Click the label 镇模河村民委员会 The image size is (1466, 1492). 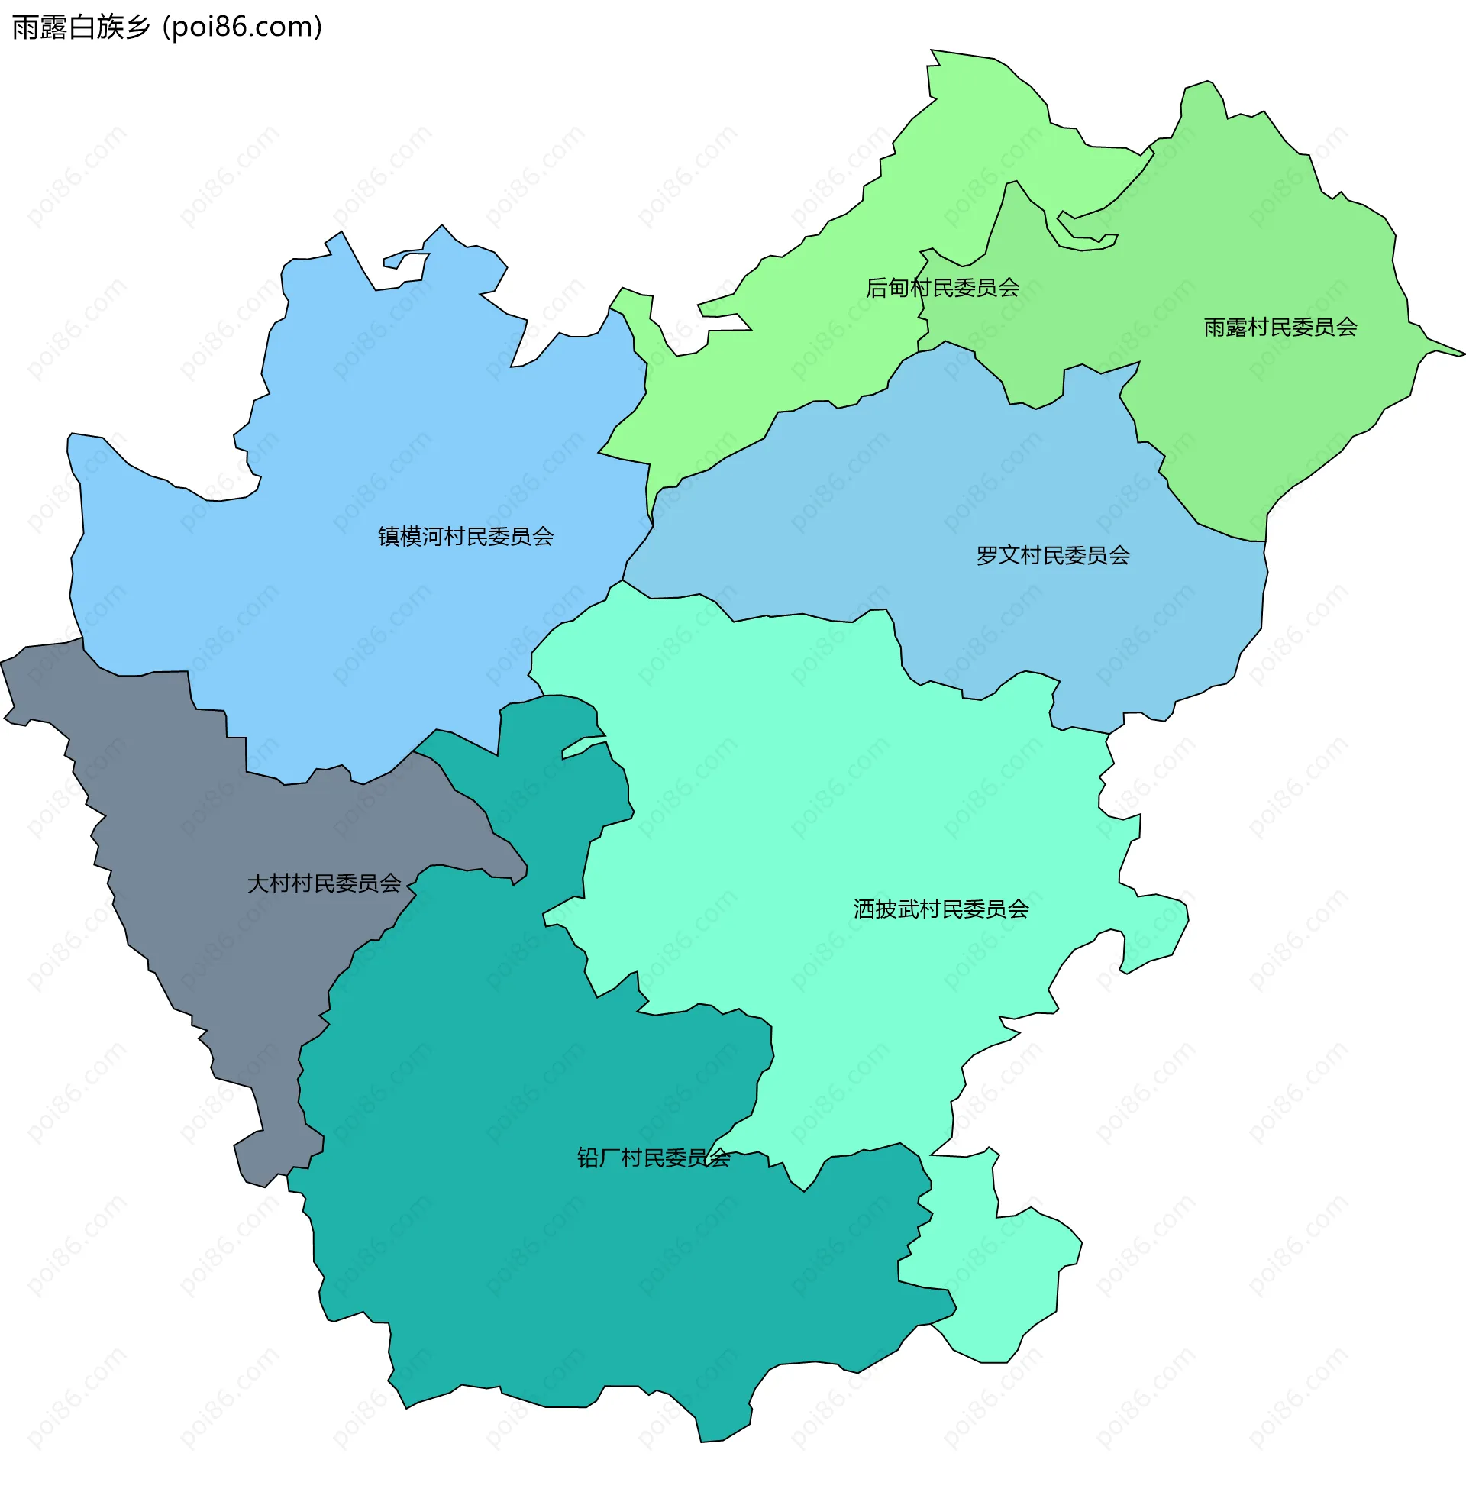[x=465, y=537]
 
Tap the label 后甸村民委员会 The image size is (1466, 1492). [x=942, y=288]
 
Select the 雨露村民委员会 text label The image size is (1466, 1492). [x=1280, y=328]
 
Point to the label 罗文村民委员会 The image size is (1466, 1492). [x=1052, y=556]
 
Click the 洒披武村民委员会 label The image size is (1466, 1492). [x=941, y=909]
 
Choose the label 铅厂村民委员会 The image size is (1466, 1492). [x=653, y=1158]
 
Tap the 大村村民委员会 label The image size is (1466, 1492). [x=324, y=883]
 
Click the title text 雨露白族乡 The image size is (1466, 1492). [x=81, y=27]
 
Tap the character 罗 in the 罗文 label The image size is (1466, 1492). [x=987, y=556]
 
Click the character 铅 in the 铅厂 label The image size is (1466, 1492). [x=587, y=1158]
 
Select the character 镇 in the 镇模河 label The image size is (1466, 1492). [x=389, y=537]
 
